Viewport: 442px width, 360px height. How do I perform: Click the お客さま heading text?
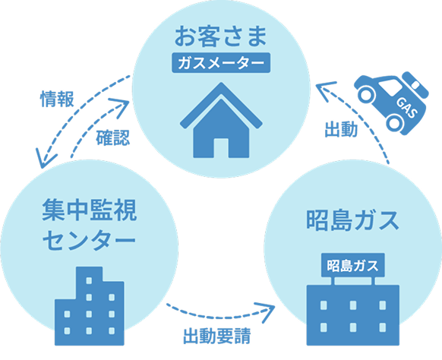[220, 35]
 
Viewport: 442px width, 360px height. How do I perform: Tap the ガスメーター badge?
[220, 62]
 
